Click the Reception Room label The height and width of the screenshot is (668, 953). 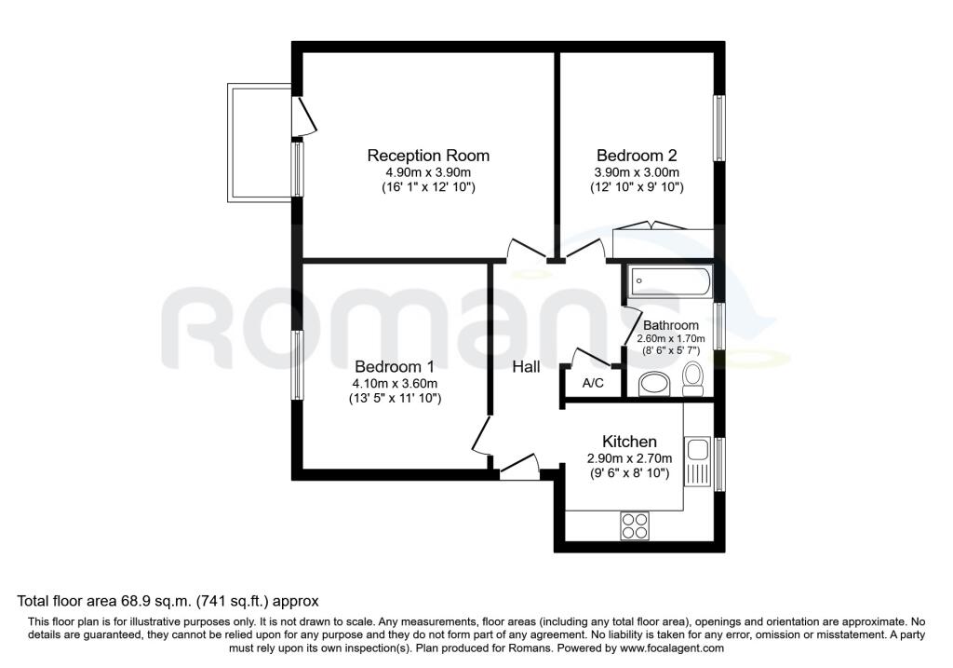428,156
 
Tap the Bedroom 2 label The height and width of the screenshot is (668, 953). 637,156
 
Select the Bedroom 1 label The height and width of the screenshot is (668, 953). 395,367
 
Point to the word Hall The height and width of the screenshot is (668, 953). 527,367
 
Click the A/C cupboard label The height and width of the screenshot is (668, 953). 593,383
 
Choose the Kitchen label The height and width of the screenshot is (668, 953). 629,442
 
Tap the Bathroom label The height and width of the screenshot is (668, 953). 670,325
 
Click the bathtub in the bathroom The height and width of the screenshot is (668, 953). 670,281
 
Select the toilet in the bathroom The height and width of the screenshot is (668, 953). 692,378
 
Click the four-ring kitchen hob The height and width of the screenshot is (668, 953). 635,525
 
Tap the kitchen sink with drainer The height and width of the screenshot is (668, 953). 697,460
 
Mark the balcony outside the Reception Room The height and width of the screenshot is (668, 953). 261,143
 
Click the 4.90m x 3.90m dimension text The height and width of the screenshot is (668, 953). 428,172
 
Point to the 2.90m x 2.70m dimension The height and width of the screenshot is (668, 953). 629,458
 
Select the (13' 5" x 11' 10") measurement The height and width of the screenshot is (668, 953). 395,399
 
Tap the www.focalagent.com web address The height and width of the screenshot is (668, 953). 672,648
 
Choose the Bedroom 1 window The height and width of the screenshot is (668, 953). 297,365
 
